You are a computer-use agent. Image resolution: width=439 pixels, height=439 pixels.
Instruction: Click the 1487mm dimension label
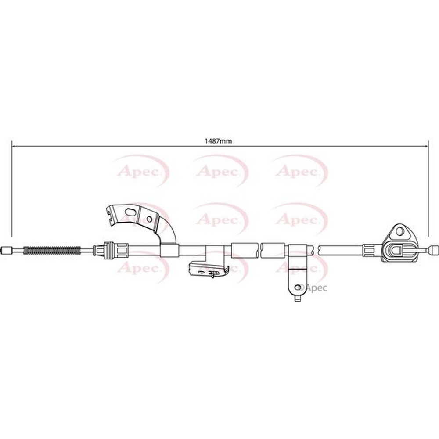pyautogui.click(x=218, y=141)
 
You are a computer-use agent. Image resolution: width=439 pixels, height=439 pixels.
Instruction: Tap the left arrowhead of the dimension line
pyautogui.click(x=14, y=146)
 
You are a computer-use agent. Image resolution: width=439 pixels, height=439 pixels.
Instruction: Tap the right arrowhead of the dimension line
pyautogui.click(x=425, y=146)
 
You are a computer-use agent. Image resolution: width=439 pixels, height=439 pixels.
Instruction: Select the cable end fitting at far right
pyautogui.click(x=434, y=250)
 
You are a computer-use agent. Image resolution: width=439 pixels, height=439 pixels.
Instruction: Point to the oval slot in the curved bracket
pyautogui.click(x=131, y=213)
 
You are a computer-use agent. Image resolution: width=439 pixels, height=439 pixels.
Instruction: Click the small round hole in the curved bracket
pyautogui.click(x=149, y=219)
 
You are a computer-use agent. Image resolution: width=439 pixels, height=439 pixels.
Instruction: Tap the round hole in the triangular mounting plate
pyautogui.click(x=399, y=230)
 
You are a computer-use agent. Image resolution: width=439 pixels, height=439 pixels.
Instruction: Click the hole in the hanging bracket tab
pyautogui.click(x=298, y=287)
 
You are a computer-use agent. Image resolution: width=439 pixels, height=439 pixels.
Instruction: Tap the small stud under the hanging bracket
pyautogui.click(x=298, y=299)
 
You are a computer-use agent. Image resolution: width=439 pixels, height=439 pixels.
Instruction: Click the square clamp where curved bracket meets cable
pyautogui.click(x=169, y=250)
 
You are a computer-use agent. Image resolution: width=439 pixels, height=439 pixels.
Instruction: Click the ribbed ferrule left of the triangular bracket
pyautogui.click(x=368, y=250)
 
